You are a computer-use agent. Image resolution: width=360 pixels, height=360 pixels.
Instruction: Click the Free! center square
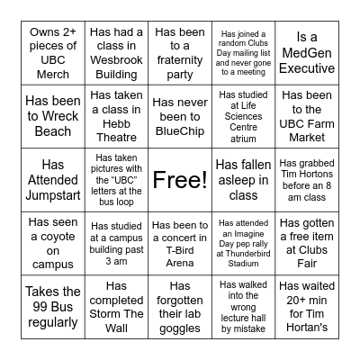[x=179, y=180]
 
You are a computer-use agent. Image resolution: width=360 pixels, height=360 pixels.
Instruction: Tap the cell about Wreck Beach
[x=52, y=117]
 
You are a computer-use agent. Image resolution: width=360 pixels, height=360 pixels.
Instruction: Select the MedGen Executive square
[x=307, y=53]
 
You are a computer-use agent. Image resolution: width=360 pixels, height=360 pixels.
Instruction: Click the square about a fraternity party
[x=179, y=53]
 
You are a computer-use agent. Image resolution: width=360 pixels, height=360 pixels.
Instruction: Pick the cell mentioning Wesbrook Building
[x=115, y=53]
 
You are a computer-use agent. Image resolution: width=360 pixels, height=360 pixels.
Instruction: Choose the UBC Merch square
[x=52, y=53]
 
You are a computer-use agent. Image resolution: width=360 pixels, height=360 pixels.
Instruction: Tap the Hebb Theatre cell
[x=115, y=117]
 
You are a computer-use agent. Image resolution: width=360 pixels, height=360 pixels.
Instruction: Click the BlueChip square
[x=179, y=117]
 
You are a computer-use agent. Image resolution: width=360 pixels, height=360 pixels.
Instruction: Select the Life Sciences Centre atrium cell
[x=243, y=117]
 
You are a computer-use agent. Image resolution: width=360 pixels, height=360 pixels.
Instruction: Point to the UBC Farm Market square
[x=307, y=117]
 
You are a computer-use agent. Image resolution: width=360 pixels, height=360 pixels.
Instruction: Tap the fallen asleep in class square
[x=243, y=180]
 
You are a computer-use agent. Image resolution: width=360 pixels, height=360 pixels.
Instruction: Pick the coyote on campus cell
[x=52, y=244]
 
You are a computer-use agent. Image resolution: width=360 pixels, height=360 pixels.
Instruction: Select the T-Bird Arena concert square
[x=179, y=244]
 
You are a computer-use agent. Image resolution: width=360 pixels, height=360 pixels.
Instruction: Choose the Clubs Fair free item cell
[x=307, y=244]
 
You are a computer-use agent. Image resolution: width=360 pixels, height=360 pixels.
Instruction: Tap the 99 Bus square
[x=52, y=308]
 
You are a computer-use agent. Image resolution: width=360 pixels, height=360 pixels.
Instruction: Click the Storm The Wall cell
[x=115, y=308]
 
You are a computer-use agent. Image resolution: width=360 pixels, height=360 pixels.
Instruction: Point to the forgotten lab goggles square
[x=179, y=308]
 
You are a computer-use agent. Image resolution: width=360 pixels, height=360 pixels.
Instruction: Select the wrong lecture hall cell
[x=243, y=308]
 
